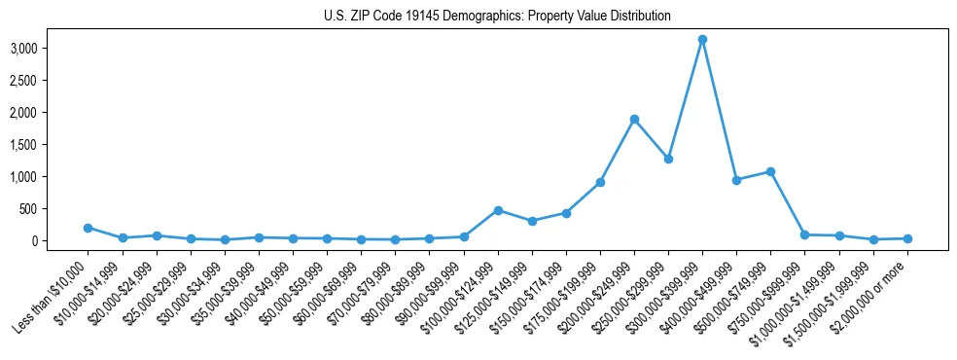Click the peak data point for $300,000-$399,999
(x=702, y=40)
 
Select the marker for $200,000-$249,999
(x=634, y=120)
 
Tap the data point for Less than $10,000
(x=89, y=228)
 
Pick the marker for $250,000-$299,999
(x=668, y=159)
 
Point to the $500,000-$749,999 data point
(x=770, y=171)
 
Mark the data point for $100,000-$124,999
(x=498, y=210)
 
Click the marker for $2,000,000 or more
(x=907, y=238)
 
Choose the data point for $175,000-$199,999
(x=600, y=182)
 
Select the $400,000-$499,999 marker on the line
(x=736, y=180)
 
